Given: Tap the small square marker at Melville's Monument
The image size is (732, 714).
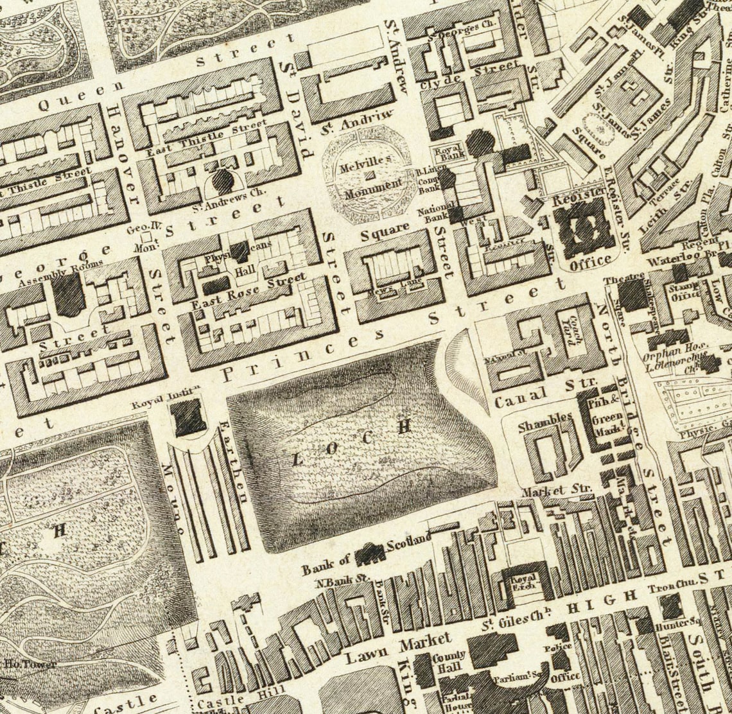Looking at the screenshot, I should [x=369, y=174].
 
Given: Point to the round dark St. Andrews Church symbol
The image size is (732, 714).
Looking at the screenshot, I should [x=223, y=182].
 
